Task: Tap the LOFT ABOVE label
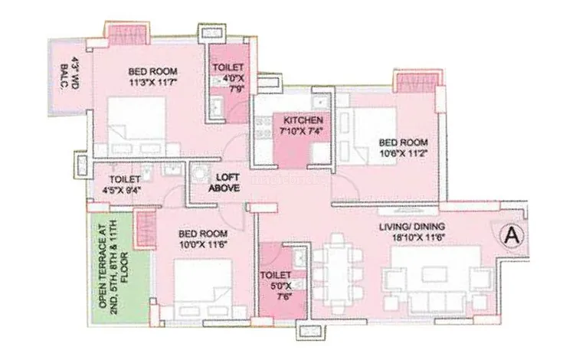click(x=224, y=182)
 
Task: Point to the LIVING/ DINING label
click(x=412, y=226)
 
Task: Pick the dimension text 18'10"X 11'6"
click(x=418, y=237)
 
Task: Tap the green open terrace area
click(x=119, y=268)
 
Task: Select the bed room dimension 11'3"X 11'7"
click(x=153, y=82)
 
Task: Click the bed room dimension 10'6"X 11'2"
click(x=404, y=153)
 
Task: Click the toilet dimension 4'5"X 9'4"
click(x=122, y=190)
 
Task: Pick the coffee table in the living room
click(x=434, y=274)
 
